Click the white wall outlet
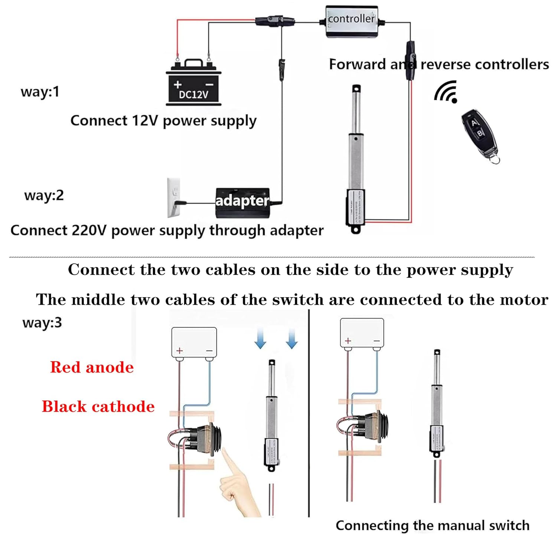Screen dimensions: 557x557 (174, 197)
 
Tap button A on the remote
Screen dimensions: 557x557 (473, 123)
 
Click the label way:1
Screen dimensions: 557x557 (40, 92)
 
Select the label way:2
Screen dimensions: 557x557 (44, 195)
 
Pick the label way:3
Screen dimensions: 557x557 (42, 322)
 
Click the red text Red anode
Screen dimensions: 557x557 (92, 367)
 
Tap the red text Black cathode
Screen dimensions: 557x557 (98, 407)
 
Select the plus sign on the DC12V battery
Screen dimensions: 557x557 (178, 84)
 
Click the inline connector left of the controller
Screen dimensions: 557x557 (275, 21)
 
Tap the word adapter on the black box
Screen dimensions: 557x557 (242, 201)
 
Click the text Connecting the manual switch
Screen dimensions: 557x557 (432, 525)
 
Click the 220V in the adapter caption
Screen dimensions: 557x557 (89, 231)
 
